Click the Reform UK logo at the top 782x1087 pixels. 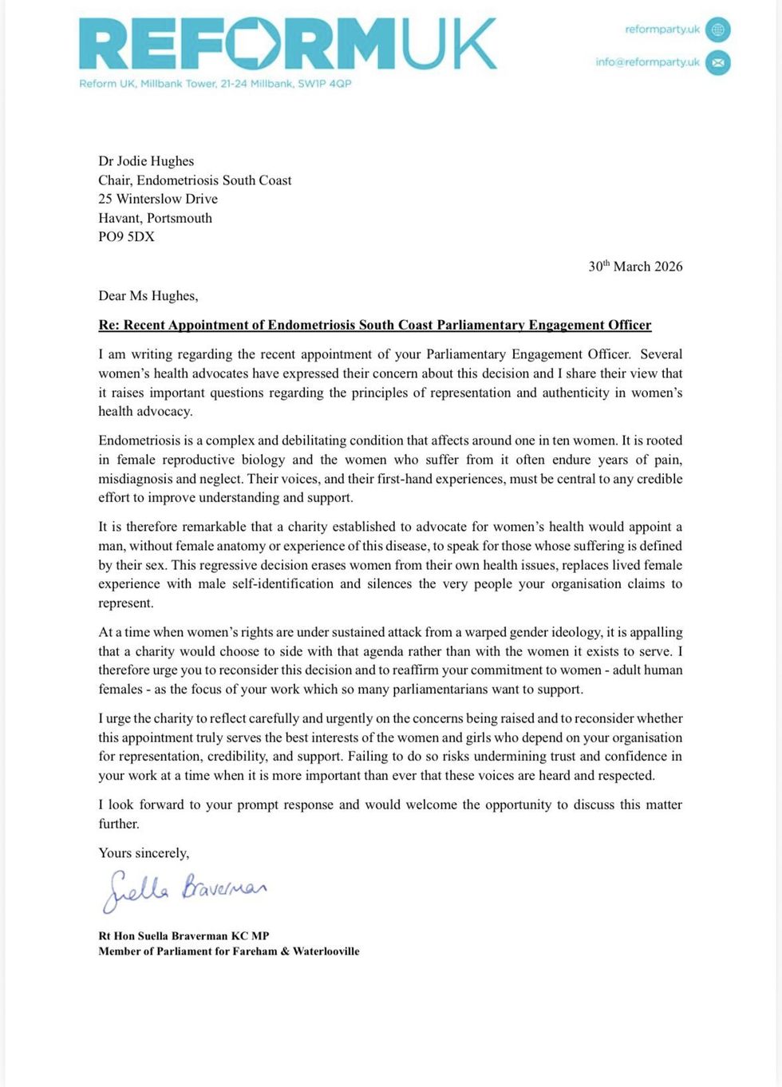pyautogui.click(x=287, y=45)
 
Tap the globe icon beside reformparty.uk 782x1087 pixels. pyautogui.click(x=717, y=30)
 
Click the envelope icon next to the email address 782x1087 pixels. pyautogui.click(x=717, y=62)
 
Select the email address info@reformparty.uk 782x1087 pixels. pyautogui.click(x=647, y=62)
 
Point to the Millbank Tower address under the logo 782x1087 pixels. pyautogui.click(x=215, y=84)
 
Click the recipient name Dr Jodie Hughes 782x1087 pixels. pyautogui.click(x=146, y=161)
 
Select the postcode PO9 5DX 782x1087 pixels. pyautogui.click(x=126, y=236)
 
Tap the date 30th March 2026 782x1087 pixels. pyautogui.click(x=635, y=267)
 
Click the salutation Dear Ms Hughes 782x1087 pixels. pyautogui.click(x=148, y=296)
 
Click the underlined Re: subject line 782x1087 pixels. pyautogui.click(x=374, y=325)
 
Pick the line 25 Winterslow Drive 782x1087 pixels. pyautogui.click(x=157, y=199)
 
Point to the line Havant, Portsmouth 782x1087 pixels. pyautogui.click(x=155, y=218)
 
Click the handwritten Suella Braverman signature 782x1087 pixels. pyautogui.click(x=184, y=889)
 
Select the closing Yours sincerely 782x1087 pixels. pyautogui.click(x=144, y=853)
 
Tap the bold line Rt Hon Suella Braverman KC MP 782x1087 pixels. pyautogui.click(x=184, y=935)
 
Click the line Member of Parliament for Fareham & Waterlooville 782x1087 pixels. pyautogui.click(x=228, y=951)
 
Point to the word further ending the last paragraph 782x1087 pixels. pyautogui.click(x=118, y=824)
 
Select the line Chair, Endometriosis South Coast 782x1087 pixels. pyautogui.click(x=195, y=180)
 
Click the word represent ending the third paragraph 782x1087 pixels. pyautogui.click(x=125, y=603)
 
